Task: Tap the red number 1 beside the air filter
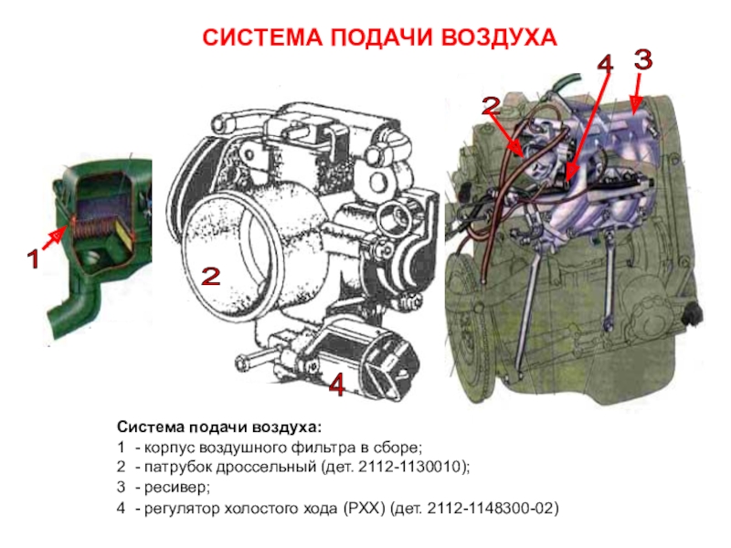[33, 258]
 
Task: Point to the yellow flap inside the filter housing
[124, 233]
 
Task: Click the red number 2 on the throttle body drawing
[211, 277]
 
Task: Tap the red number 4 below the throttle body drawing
[336, 385]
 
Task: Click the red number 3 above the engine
[643, 59]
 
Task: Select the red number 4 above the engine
[605, 63]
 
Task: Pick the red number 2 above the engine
[491, 106]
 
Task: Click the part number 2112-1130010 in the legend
[409, 467]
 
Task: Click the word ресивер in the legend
[175, 488]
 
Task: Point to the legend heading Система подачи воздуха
[219, 427]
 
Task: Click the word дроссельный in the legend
[266, 467]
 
